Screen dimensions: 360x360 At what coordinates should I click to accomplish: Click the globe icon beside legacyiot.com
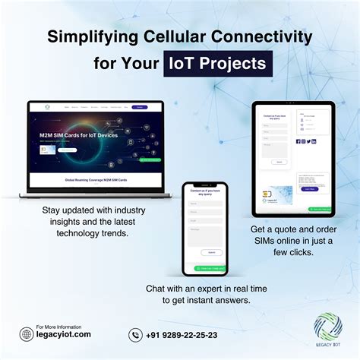point(26,333)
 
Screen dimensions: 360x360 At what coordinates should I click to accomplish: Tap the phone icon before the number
point(135,334)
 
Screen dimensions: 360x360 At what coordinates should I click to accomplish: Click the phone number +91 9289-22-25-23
point(182,334)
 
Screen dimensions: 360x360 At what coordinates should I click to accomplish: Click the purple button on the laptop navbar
point(139,107)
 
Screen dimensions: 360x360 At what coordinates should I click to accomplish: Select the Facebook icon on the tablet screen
point(298,141)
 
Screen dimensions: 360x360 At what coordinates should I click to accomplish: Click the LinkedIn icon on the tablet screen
point(314,141)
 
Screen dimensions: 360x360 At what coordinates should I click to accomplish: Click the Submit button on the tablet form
point(279,162)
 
